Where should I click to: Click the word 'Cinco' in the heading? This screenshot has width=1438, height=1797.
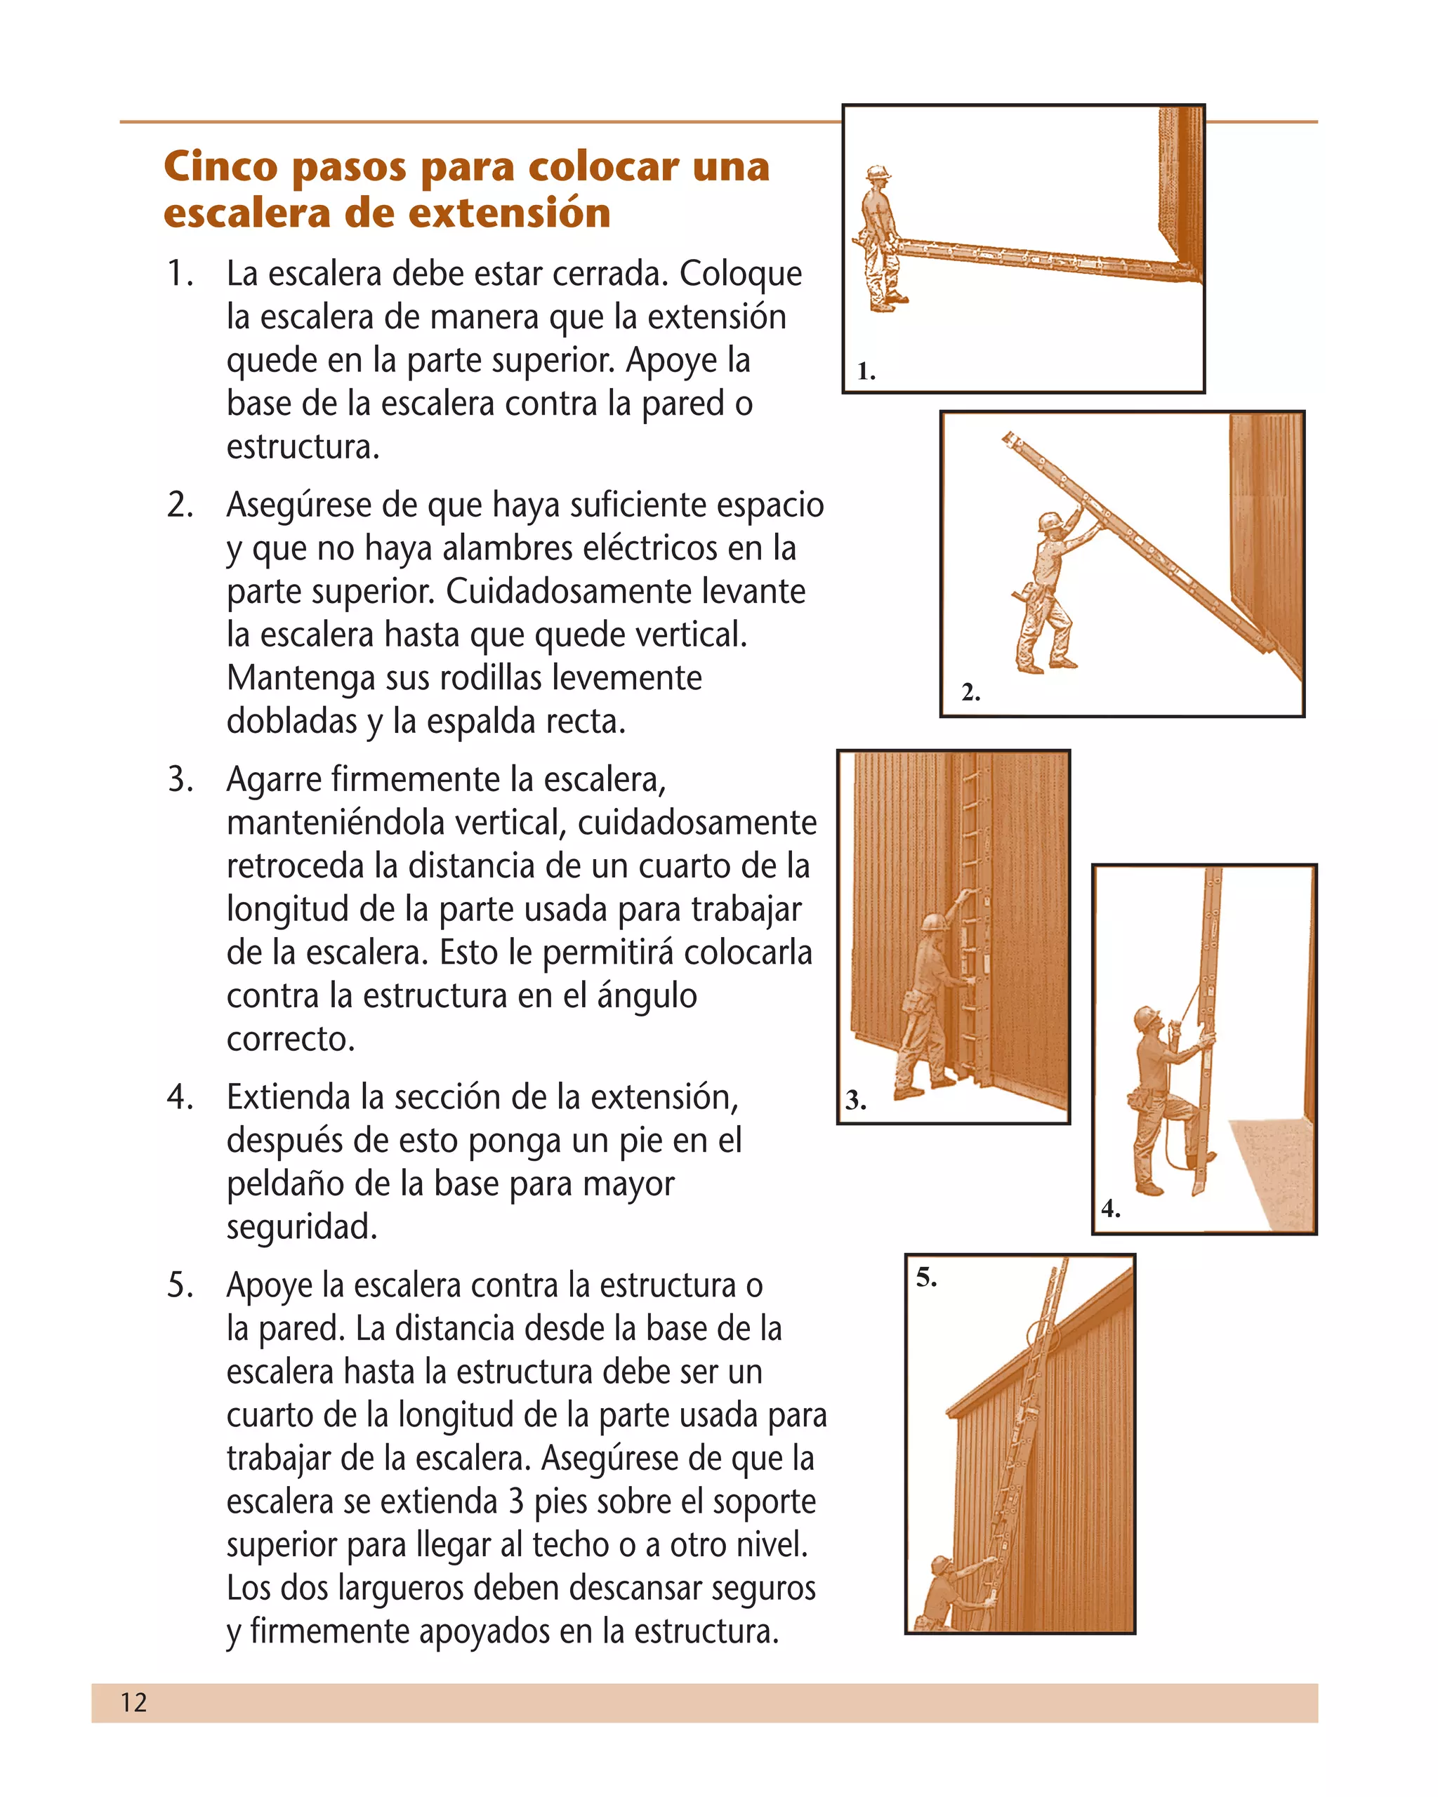click(220, 166)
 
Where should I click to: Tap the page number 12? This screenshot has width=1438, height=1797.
click(133, 1702)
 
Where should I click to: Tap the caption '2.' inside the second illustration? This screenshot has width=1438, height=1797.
click(970, 692)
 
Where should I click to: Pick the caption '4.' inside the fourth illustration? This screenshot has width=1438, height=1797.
click(1109, 1209)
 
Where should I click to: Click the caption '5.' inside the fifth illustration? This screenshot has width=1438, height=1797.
click(926, 1277)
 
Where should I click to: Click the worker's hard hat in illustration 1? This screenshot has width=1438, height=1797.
click(877, 173)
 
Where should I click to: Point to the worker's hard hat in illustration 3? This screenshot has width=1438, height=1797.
click(933, 922)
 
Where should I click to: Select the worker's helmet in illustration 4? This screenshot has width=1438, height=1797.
click(1146, 1018)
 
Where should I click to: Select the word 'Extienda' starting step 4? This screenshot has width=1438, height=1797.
click(289, 1097)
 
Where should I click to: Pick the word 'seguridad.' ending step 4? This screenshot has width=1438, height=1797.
click(302, 1227)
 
